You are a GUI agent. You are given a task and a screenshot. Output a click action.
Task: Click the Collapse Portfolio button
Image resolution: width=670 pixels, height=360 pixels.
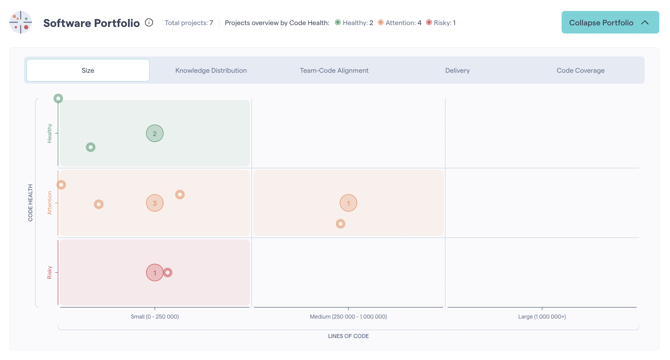click(x=610, y=23)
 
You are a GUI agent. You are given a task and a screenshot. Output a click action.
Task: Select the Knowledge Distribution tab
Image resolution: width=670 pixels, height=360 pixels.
click(x=211, y=71)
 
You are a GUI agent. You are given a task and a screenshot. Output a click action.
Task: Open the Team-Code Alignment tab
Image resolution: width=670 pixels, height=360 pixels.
click(x=334, y=71)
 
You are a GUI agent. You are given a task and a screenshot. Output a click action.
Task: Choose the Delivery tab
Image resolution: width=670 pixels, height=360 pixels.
click(x=457, y=71)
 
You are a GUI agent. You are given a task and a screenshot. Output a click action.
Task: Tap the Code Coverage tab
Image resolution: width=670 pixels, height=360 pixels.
click(x=580, y=71)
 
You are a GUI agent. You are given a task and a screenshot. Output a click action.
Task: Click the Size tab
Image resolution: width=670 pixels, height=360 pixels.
click(x=88, y=71)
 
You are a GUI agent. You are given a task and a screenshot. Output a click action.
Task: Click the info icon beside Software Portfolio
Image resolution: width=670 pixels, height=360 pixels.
click(x=149, y=23)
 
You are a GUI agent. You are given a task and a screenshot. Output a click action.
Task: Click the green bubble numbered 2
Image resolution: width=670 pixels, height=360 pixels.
click(x=154, y=134)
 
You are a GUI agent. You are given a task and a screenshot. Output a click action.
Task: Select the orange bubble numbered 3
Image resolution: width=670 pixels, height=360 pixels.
click(x=154, y=203)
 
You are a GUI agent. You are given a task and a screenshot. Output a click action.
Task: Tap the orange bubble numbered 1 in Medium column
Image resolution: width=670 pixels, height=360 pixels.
click(x=348, y=203)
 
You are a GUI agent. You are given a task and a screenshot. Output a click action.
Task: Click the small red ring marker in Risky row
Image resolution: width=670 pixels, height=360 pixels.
click(x=168, y=273)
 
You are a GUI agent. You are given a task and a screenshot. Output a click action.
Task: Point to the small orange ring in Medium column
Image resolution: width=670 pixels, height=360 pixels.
click(x=340, y=224)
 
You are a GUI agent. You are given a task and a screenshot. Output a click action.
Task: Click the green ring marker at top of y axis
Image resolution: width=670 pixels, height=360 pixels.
click(x=58, y=98)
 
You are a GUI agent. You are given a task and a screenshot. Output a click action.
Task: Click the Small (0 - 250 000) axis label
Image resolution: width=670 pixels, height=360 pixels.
click(x=155, y=317)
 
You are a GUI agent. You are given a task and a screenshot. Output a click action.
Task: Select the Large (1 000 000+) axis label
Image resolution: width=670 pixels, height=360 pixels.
click(x=542, y=317)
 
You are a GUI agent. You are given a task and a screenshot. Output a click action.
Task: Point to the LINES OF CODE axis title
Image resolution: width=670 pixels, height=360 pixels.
click(x=348, y=336)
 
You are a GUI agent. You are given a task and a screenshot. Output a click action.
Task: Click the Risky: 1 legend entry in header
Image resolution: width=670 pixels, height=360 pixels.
click(x=441, y=23)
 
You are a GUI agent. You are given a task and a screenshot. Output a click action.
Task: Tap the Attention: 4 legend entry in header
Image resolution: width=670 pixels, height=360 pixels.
click(x=400, y=23)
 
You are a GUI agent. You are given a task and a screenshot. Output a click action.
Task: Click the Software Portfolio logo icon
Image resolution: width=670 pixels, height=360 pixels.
click(x=21, y=23)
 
